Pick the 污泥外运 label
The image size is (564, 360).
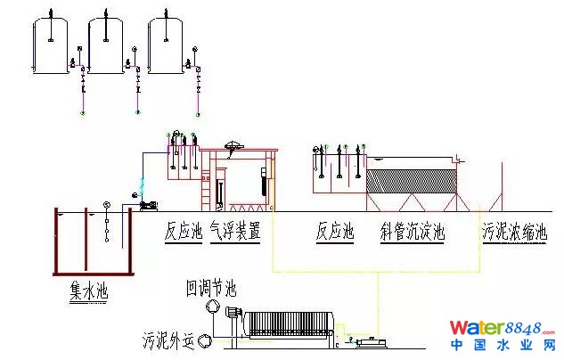(169, 340)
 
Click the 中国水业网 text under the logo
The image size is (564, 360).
(503, 346)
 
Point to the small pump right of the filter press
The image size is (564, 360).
(364, 341)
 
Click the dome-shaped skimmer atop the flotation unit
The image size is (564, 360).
(234, 145)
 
